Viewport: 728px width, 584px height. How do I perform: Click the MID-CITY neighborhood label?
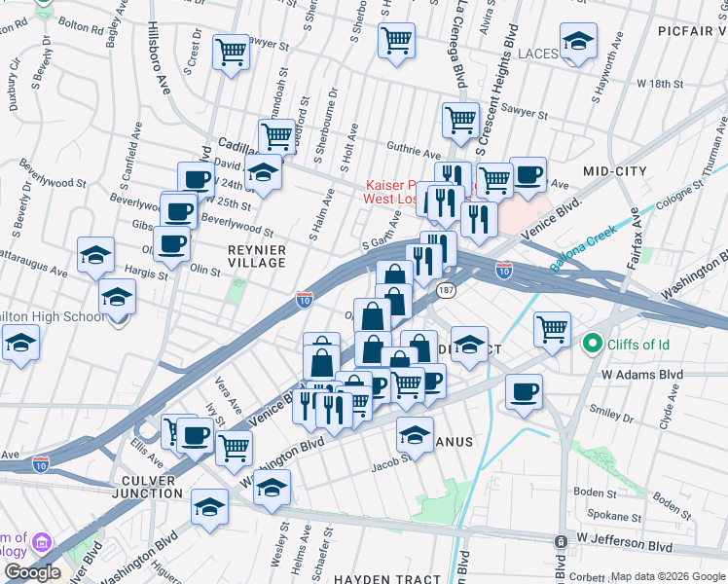tap(614, 171)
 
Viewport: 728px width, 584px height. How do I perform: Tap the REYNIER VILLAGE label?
tap(256, 256)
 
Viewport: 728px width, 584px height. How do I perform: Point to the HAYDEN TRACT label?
tap(388, 579)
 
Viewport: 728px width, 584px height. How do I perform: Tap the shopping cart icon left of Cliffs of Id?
tap(552, 330)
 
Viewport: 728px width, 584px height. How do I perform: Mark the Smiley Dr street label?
tap(612, 415)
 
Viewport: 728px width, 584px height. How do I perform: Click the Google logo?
tap(32, 572)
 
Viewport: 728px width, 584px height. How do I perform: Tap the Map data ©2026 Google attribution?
tap(668, 576)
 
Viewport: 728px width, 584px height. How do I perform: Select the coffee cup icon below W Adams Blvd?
tap(524, 392)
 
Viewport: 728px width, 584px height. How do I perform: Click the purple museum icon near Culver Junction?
tap(41, 541)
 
